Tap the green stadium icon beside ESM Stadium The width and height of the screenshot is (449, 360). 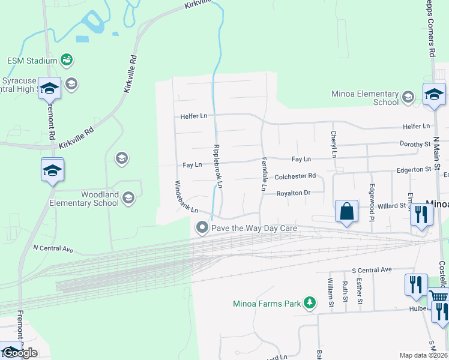(67, 59)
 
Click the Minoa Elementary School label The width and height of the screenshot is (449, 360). (365, 98)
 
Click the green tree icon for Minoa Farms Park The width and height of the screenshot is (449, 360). (310, 303)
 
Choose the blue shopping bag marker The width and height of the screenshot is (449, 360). (346, 212)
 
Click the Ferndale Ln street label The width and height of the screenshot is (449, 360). (264, 175)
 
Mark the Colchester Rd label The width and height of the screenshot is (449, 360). (295, 176)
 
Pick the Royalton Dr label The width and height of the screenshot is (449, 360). (293, 193)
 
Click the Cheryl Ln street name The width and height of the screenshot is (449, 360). (334, 145)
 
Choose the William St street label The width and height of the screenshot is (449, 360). (330, 290)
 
